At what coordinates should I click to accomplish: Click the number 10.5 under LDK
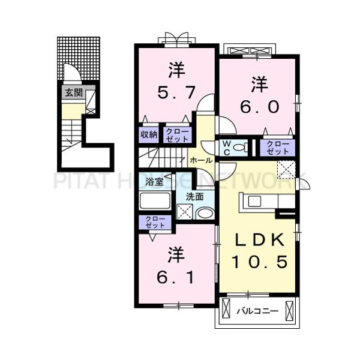pyautogui.click(x=259, y=262)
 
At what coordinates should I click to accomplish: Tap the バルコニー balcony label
pyautogui.click(x=256, y=311)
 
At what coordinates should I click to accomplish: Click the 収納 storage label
pyautogui.click(x=149, y=134)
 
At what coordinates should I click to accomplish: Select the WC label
pyautogui.click(x=227, y=147)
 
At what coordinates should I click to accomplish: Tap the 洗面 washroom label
pyautogui.click(x=194, y=196)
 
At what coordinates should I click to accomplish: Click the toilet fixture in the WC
pyautogui.click(x=239, y=148)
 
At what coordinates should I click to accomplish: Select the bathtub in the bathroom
pyautogui.click(x=155, y=200)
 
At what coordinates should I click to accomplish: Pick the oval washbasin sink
pyautogui.click(x=204, y=213)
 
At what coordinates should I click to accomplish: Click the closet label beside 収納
pyautogui.click(x=176, y=134)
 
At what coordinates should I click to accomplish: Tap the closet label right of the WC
pyautogui.click(x=277, y=147)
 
